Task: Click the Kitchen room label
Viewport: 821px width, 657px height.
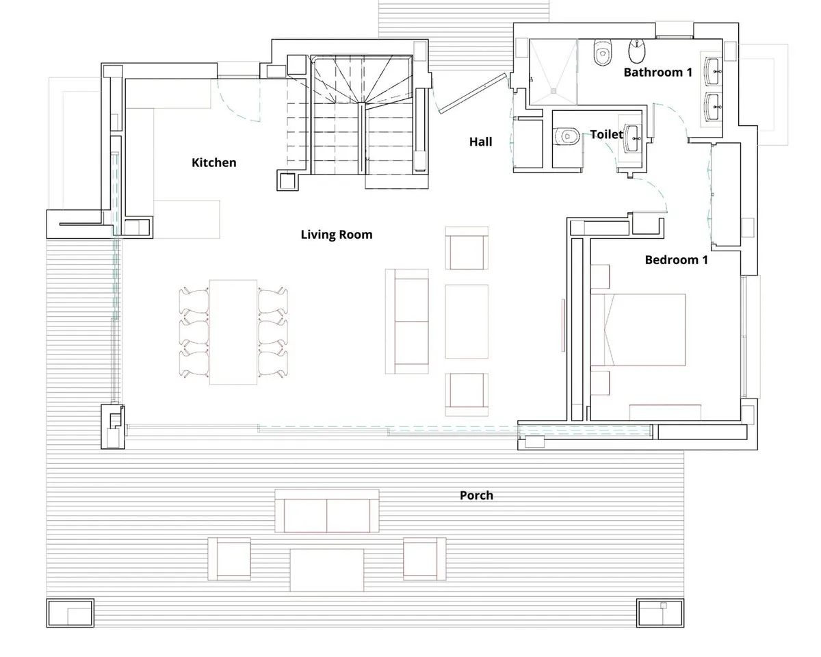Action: click(213, 163)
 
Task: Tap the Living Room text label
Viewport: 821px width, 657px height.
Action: click(337, 234)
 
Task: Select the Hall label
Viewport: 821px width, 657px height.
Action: click(480, 142)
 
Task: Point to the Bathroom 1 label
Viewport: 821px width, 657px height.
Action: click(657, 72)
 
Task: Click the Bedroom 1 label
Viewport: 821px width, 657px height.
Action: click(677, 260)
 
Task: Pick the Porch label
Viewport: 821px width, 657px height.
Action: click(476, 495)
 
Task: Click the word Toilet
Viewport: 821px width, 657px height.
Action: click(607, 134)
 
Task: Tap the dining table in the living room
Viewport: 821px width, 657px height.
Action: click(233, 332)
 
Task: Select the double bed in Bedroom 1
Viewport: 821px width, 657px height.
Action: click(638, 330)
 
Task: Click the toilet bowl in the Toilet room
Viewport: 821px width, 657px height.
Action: click(566, 136)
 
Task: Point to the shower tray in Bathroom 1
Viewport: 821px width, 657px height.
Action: click(553, 71)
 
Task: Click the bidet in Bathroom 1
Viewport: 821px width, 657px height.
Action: click(637, 51)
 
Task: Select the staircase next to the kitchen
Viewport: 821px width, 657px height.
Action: click(362, 114)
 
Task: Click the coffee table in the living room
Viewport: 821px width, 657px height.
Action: click(467, 322)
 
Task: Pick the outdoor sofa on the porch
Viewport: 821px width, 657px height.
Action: click(327, 511)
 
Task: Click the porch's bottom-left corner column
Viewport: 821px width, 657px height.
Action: click(70, 613)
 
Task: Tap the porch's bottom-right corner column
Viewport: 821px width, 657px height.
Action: click(660, 613)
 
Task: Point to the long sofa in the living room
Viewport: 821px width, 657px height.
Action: click(406, 322)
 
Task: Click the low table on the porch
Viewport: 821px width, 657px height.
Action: click(327, 570)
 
